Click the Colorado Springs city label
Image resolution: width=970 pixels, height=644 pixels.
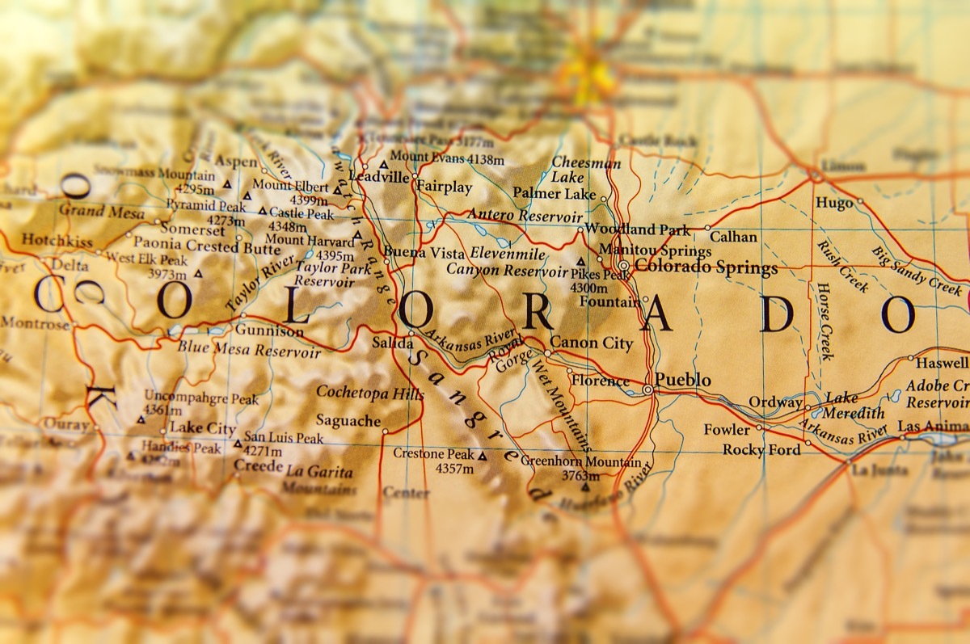point(706,267)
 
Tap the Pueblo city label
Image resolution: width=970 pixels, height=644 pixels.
point(683,380)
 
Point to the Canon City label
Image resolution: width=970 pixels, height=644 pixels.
point(592,343)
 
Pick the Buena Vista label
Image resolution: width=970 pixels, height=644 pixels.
point(424,252)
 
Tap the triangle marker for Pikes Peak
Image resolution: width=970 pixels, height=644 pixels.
point(581,263)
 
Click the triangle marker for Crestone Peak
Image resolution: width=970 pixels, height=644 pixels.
point(483,456)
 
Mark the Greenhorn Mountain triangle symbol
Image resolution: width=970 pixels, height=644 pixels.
point(585,487)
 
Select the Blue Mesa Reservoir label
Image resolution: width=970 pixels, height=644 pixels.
point(249,351)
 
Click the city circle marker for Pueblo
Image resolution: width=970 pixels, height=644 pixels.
point(647,390)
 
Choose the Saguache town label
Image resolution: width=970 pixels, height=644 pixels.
point(348,420)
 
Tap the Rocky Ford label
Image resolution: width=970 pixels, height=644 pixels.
point(761,449)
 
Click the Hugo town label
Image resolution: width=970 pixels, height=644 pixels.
point(834,203)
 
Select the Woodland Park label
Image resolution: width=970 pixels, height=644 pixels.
point(638,229)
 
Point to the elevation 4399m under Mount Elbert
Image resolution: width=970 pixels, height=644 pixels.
point(310,200)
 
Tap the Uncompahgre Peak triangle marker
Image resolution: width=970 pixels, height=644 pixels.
point(141,419)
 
